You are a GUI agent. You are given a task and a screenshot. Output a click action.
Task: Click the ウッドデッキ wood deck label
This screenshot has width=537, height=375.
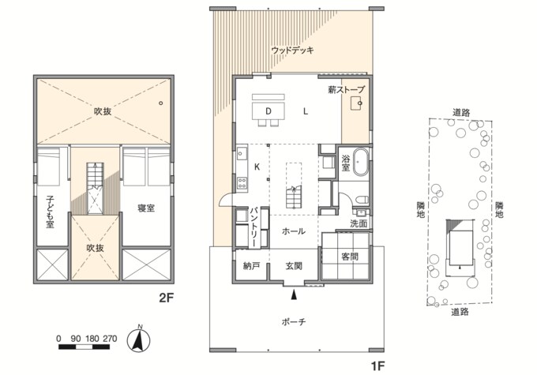click(x=292, y=51)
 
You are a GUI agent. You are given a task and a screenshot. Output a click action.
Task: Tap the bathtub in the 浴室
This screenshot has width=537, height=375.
click(x=361, y=162)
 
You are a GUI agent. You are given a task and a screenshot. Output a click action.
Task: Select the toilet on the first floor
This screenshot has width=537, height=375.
click(x=362, y=199)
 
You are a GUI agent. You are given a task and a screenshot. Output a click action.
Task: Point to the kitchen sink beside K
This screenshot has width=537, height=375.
click(x=242, y=152)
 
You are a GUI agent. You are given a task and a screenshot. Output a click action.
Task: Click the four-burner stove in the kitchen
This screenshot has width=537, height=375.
click(x=242, y=182)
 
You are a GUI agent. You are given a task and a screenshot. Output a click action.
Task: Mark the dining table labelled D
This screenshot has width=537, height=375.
click(x=268, y=111)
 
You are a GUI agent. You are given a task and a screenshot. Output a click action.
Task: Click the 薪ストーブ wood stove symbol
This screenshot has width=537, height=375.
click(x=356, y=103)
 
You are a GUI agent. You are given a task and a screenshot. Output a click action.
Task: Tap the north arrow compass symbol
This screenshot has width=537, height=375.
click(x=138, y=339)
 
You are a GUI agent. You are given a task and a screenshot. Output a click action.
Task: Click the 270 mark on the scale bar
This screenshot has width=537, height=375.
click(x=110, y=339)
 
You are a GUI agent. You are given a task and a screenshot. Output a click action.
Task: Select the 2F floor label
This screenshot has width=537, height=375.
click(x=167, y=298)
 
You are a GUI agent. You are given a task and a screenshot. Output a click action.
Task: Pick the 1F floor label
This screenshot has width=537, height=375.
click(x=377, y=366)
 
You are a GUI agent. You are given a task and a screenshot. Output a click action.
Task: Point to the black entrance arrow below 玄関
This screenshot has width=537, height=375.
click(x=294, y=294)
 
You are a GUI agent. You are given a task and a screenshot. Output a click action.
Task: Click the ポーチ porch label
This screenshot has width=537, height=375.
click(x=294, y=321)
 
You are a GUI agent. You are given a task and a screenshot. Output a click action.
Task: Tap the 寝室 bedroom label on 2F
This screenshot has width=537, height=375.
click(x=146, y=208)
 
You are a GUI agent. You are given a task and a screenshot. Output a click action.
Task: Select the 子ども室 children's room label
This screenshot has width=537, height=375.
click(x=51, y=212)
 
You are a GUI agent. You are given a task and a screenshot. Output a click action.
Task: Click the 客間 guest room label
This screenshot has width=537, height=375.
click(x=350, y=256)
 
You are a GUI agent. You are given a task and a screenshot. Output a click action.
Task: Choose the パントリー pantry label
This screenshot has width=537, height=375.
click(x=254, y=227)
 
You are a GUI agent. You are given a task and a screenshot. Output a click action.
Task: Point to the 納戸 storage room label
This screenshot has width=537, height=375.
click(x=251, y=266)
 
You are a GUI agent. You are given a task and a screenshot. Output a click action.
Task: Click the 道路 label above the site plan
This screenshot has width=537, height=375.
click(x=461, y=112)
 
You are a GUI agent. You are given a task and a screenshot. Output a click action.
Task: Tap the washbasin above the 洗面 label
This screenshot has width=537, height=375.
click(x=362, y=212)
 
